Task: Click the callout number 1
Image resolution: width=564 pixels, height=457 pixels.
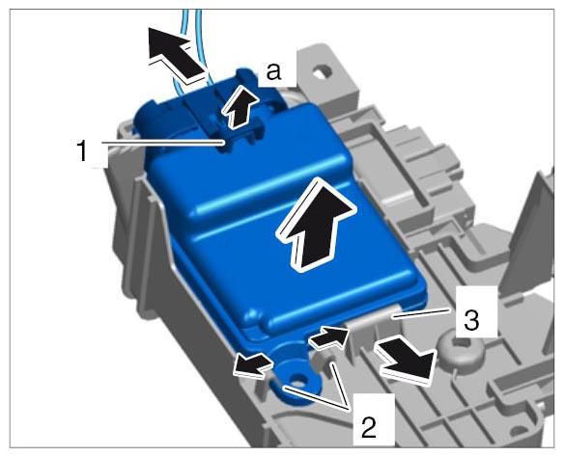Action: pyautogui.click(x=82, y=150)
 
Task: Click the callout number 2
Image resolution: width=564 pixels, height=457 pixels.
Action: pyautogui.click(x=369, y=427)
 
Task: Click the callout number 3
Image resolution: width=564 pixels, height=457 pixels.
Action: pyautogui.click(x=471, y=320)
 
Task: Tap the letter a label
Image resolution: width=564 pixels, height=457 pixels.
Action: pyautogui.click(x=273, y=71)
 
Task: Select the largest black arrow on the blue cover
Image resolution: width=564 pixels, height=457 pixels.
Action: pyautogui.click(x=316, y=225)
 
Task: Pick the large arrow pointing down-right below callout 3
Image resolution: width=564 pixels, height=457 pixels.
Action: pyautogui.click(x=405, y=361)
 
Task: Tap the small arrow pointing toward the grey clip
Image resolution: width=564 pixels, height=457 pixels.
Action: pyautogui.click(x=328, y=337)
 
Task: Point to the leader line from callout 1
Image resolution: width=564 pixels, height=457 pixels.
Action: pyautogui.click(x=163, y=143)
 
